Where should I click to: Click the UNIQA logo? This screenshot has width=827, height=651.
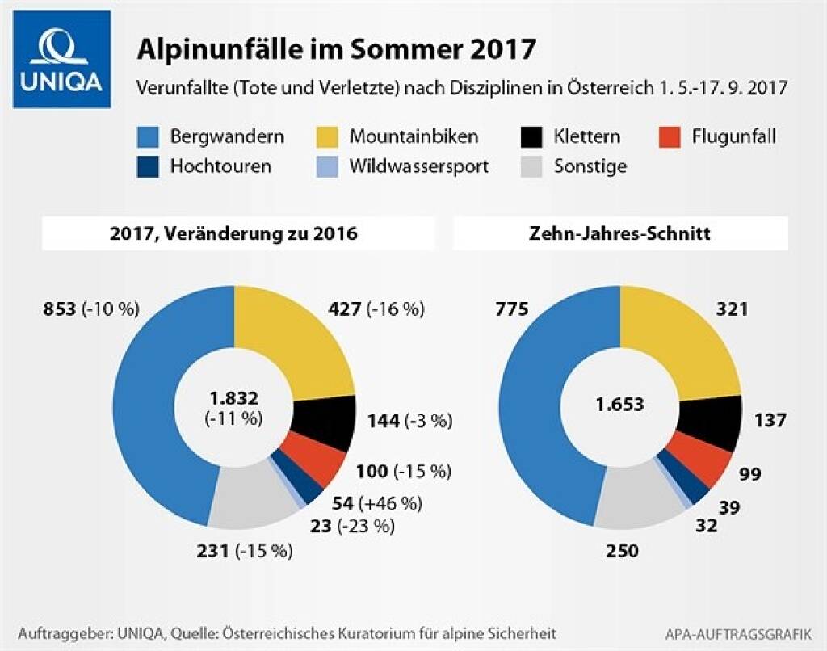[x=61, y=59]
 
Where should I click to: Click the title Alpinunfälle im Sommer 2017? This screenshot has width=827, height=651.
[x=336, y=48]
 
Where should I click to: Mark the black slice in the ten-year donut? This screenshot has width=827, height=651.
[x=716, y=420]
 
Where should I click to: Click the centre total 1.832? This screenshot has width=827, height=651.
[x=234, y=397]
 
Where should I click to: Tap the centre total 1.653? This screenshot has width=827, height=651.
[x=620, y=405]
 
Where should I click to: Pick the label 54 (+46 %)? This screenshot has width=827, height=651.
[x=377, y=503]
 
